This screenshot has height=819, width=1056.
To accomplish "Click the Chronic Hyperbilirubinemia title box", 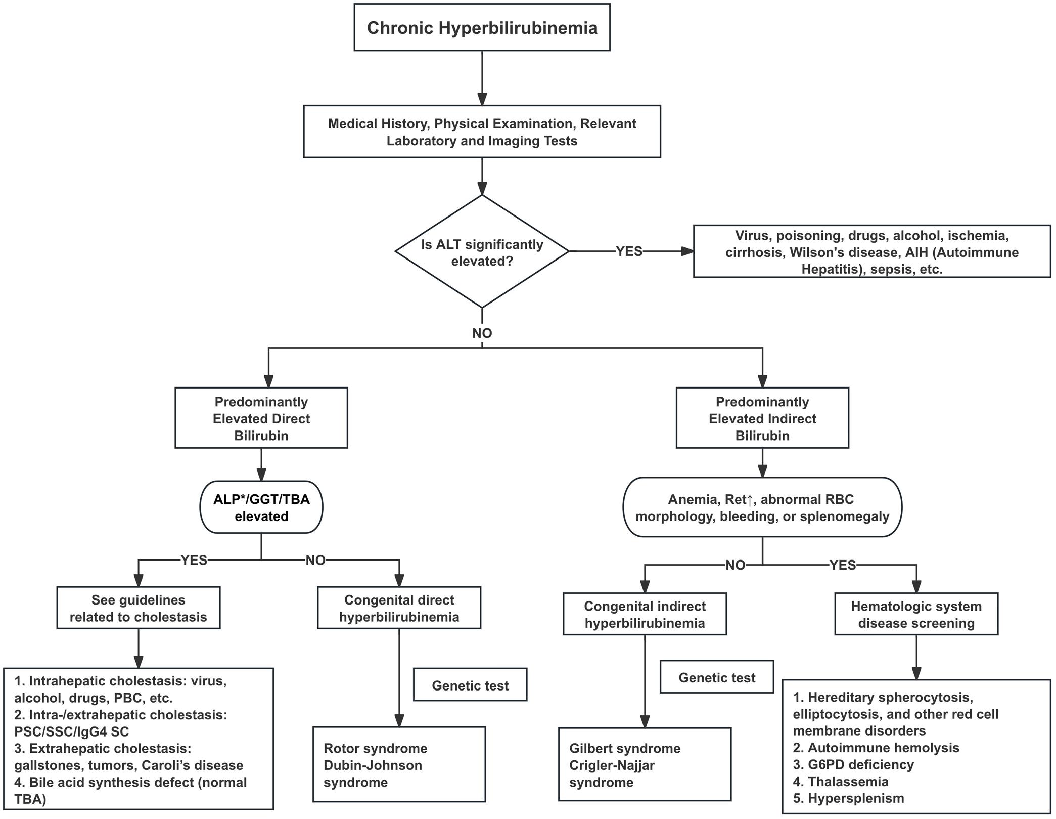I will (x=482, y=27).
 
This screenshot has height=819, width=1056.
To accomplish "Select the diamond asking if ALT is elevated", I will (x=482, y=252).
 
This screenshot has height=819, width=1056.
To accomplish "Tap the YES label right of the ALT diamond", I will (x=628, y=251).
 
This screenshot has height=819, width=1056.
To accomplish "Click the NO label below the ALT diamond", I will (x=482, y=333).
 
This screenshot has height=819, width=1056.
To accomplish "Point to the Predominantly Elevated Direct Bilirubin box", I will (x=261, y=418).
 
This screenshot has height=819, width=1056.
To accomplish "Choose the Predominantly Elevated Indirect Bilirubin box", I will (x=762, y=418).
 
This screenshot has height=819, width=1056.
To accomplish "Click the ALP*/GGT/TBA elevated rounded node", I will (x=261, y=507).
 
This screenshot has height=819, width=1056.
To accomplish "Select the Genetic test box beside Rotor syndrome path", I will (x=470, y=685).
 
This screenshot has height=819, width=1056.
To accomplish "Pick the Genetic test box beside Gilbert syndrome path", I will (x=716, y=677).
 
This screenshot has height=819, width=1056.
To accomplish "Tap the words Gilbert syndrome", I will (x=624, y=748).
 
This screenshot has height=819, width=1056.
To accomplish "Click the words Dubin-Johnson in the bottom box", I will (x=373, y=765).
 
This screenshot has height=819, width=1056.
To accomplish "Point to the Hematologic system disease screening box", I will (x=916, y=614).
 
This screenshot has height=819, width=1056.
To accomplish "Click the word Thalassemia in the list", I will (x=848, y=782).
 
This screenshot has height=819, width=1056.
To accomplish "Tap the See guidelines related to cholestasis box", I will (x=138, y=608).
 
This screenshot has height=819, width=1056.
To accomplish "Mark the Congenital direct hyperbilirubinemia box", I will (x=399, y=608).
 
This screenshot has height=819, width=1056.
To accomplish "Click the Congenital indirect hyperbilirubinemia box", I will (x=645, y=614).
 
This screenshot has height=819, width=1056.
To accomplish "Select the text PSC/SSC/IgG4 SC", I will (x=71, y=731).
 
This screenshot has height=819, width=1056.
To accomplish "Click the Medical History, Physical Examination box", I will (x=482, y=132).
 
